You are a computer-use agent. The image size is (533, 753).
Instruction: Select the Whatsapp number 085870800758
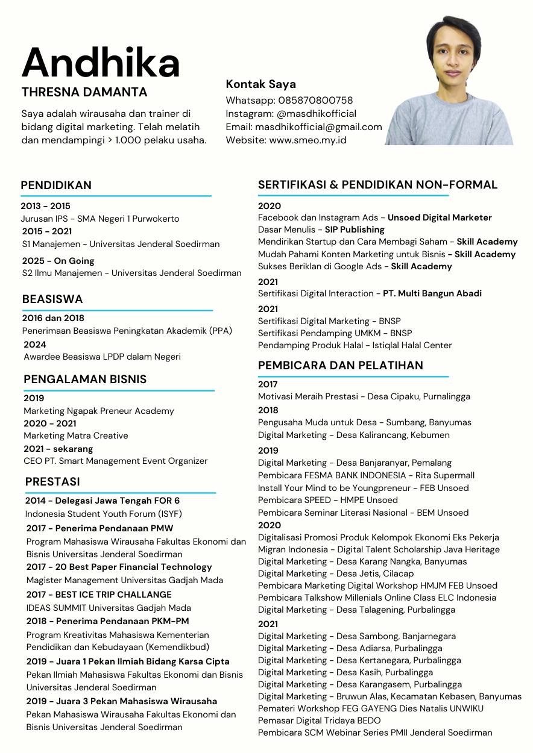coord(315,100)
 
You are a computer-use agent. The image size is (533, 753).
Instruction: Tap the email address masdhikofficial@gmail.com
coord(318,127)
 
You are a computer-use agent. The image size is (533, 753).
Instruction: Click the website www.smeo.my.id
coord(307,140)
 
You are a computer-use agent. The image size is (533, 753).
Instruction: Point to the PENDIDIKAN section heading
coord(56,185)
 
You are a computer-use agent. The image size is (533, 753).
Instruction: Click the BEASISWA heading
coord(52,299)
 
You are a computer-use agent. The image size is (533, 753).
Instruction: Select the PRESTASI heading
coord(52,482)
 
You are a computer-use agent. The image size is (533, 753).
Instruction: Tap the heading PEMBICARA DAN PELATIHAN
coord(341,365)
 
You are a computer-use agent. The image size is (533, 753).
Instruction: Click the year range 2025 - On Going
coord(57,261)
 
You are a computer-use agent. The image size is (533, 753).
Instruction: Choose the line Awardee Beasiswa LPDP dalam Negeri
coord(102,357)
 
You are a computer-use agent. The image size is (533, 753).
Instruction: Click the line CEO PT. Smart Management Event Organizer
coord(116,461)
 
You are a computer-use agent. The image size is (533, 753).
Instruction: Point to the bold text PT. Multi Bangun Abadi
coord(432,293)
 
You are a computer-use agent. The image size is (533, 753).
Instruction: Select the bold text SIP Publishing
coord(355,230)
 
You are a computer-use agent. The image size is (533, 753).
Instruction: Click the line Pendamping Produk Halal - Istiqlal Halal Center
coord(355,345)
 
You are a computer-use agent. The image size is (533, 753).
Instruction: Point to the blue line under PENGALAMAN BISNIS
coord(118,391)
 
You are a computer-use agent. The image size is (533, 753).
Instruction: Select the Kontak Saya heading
coord(260,84)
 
